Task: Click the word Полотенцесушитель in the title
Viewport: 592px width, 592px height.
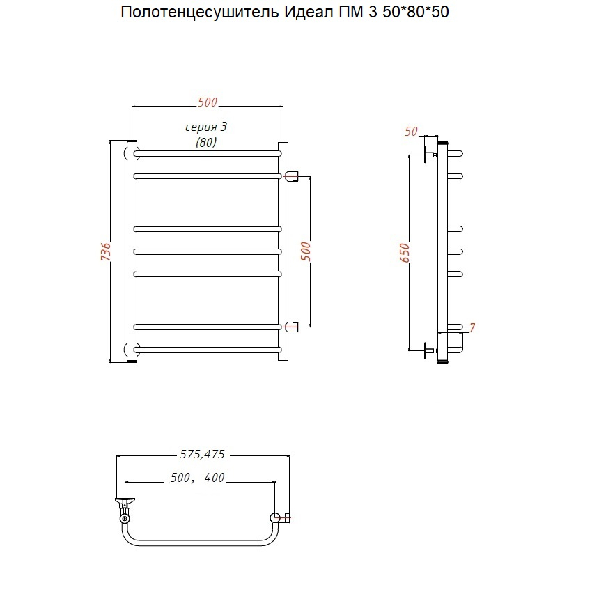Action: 200,13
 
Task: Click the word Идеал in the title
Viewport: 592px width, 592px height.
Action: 308,13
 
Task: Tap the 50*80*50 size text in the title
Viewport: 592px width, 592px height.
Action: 416,12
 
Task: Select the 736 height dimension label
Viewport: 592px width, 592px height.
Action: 106,251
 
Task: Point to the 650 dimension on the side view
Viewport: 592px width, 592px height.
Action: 405,253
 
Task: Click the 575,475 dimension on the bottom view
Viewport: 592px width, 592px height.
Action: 203,454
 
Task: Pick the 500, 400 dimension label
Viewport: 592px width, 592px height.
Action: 198,478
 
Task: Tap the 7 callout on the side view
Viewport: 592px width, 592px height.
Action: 472,327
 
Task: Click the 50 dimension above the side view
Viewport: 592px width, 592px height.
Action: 411,132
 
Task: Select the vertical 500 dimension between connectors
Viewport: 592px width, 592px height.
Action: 306,251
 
